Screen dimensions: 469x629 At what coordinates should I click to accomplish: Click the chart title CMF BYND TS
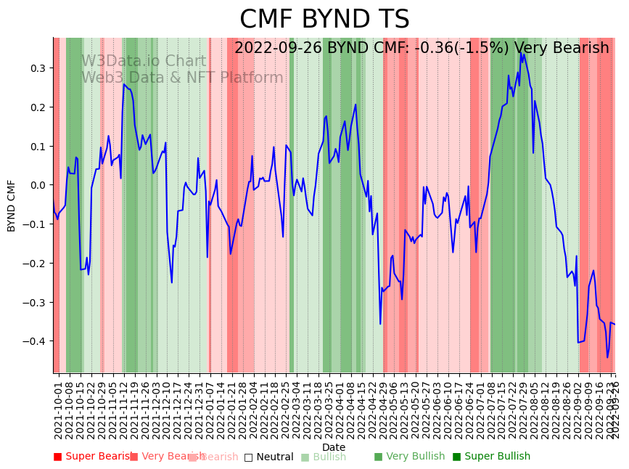[324, 20]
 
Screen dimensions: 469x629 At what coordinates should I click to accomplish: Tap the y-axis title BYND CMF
[12, 205]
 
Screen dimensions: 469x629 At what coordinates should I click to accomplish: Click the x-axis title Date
[334, 447]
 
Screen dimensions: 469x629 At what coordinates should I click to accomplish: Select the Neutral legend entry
[268, 457]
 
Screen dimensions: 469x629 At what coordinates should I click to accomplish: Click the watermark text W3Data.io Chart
[144, 62]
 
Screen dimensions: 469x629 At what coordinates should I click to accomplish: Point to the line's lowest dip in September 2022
[608, 356]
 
